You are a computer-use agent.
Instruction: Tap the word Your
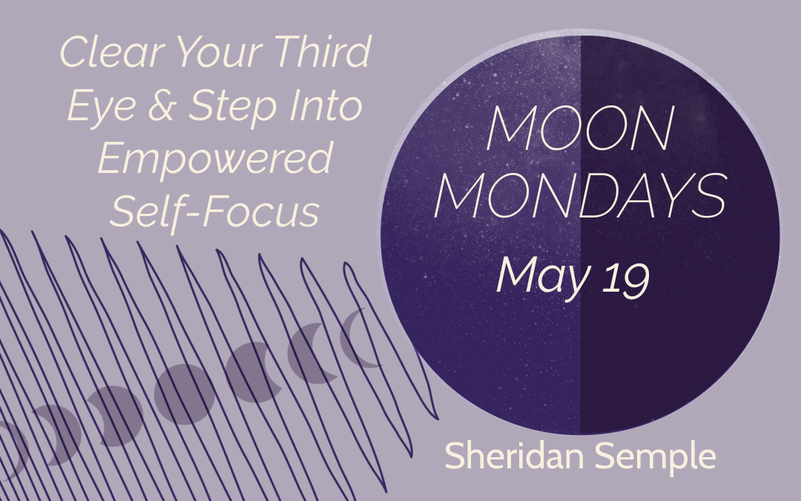[x=219, y=52]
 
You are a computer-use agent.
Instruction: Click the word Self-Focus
[x=215, y=211]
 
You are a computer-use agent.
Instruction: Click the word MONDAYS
[x=580, y=195]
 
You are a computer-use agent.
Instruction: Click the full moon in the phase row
[x=185, y=394]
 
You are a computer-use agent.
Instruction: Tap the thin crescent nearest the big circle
[x=357, y=338]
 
